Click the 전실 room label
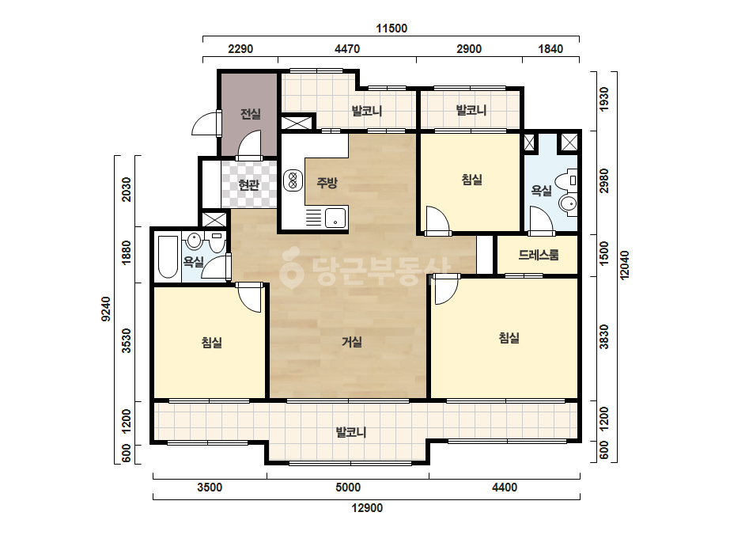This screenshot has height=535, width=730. click(251, 114)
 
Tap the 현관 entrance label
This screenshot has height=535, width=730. click(248, 185)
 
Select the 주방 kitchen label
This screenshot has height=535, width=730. click(327, 182)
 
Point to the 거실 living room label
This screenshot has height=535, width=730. click(352, 342)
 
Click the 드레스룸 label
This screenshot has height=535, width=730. click(539, 255)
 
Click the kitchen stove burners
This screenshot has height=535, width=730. click(293, 180)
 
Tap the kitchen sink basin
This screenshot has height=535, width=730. click(335, 218)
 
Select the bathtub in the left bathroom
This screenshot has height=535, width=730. click(168, 257)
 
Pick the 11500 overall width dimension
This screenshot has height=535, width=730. click(391, 28)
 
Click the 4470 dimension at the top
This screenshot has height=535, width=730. click(347, 49)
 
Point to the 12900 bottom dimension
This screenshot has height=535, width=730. click(367, 508)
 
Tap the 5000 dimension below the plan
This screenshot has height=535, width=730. click(348, 488)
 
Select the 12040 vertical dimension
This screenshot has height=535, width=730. click(624, 265)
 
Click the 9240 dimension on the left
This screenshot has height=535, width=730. click(106, 309)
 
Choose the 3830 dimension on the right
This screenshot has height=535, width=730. click(603, 337)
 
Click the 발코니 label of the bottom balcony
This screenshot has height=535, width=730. click(351, 432)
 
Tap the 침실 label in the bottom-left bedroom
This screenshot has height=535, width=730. click(212, 343)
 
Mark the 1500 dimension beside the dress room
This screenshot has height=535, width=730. click(603, 253)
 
